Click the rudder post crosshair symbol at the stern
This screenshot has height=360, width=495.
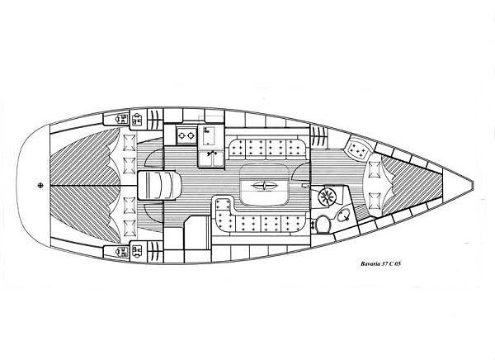click(x=40, y=185)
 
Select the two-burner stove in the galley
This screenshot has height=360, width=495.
click(x=186, y=135)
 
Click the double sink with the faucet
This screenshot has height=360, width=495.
click(x=210, y=159)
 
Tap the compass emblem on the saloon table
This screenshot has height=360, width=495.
click(x=264, y=186)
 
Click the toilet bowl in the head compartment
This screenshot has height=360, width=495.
click(x=322, y=224)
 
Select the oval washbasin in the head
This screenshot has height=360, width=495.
click(x=344, y=216)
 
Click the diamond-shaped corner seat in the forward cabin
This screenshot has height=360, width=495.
click(x=358, y=149)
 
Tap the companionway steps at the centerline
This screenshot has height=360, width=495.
click(x=159, y=185)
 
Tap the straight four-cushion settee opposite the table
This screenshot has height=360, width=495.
click(x=267, y=149)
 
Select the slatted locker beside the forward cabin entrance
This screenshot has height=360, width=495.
click(x=319, y=136)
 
